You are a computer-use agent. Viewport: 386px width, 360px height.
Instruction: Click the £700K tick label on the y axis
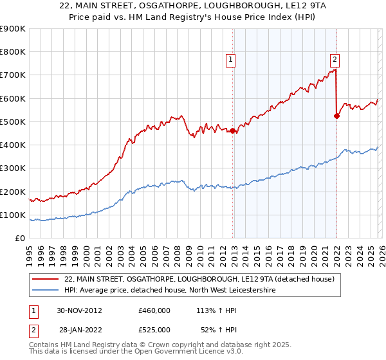(13, 75)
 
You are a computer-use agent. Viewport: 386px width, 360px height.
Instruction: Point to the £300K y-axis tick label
(13, 168)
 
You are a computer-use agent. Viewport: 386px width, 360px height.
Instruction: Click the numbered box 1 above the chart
(230, 60)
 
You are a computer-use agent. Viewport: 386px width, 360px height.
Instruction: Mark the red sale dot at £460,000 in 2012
(233, 131)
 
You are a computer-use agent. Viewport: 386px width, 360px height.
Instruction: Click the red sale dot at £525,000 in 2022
(336, 116)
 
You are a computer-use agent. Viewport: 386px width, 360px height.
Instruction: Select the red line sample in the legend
(47, 280)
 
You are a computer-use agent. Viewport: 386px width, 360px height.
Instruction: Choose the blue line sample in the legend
(47, 291)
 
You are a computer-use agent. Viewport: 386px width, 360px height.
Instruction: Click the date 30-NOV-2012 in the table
(79, 310)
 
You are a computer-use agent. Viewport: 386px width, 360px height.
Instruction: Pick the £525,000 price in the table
(154, 330)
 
